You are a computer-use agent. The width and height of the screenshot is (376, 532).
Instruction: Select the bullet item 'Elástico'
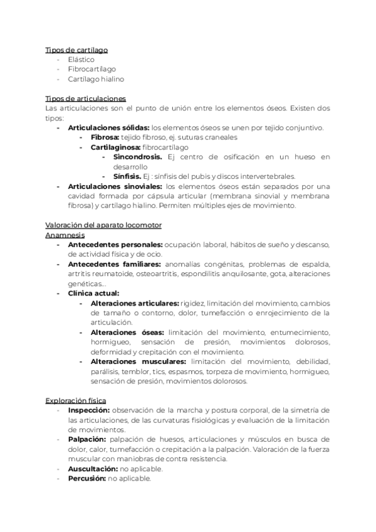click(81, 60)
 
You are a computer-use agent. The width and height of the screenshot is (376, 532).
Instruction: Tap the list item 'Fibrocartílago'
click(92, 69)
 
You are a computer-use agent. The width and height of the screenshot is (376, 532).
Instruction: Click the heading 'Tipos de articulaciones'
click(86, 98)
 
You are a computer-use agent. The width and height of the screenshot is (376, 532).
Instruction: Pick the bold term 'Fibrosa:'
click(105, 137)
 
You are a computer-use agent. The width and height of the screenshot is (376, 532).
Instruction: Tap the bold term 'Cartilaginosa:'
click(115, 147)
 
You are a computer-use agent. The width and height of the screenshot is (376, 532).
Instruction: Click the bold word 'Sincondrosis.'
click(137, 157)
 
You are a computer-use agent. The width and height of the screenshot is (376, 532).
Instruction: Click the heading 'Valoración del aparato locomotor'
click(104, 225)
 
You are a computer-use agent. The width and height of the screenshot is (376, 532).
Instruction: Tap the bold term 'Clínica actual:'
click(93, 293)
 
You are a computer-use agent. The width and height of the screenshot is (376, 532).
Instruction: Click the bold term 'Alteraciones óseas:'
click(127, 332)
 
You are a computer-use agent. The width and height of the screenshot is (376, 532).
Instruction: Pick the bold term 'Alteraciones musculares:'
click(138, 361)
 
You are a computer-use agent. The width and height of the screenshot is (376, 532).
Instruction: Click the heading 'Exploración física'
click(76, 400)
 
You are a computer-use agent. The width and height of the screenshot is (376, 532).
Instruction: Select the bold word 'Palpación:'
click(87, 439)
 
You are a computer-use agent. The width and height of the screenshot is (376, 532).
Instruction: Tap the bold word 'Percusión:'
click(87, 478)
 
